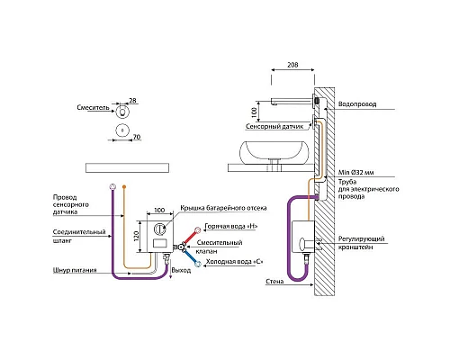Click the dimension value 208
coord(292,65)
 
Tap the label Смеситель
coord(93,107)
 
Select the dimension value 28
coord(132,100)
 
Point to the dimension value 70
coord(137,137)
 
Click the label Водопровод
coord(357,104)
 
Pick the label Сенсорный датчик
coord(274,127)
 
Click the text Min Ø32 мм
coord(356,173)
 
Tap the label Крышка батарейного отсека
coord(223,208)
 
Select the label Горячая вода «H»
coord(231,226)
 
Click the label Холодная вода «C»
coord(235,262)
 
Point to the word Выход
coord(181,270)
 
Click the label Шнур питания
coord(75,270)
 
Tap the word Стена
coord(274,282)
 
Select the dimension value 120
coord(136,237)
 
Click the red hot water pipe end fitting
coord(198,230)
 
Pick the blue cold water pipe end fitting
coord(198,265)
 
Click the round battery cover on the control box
coord(159,229)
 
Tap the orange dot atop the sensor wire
coord(124,187)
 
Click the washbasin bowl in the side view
coord(274,153)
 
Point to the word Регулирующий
coord(361,239)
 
